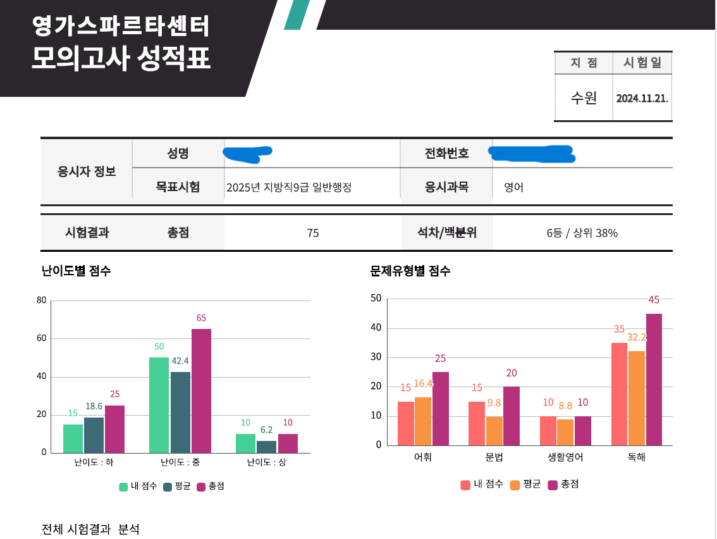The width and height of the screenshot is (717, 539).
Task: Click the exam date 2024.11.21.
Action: [642, 99]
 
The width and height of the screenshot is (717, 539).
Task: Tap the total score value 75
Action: [313, 233]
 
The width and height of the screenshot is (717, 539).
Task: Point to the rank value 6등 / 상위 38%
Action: [582, 233]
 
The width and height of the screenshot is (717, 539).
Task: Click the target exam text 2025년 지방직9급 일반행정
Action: [288, 187]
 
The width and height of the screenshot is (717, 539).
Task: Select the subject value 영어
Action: [513, 187]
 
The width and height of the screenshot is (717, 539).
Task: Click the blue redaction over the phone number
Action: [531, 153]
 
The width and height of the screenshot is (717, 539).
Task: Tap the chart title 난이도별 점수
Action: [76, 271]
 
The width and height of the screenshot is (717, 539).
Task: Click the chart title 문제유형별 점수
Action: [410, 271]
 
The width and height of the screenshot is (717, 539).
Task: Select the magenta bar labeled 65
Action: [201, 390]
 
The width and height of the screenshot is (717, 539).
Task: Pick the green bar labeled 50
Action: [159, 405]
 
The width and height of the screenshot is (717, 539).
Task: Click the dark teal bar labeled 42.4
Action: [180, 412]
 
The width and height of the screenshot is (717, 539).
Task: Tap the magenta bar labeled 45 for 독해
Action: [654, 379]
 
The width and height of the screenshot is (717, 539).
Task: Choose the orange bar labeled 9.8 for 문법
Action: [494, 430]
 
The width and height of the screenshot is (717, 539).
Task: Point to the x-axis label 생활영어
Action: [565, 457]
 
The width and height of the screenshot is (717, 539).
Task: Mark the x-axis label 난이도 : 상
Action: [266, 462]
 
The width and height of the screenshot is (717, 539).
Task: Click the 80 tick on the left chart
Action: [42, 300]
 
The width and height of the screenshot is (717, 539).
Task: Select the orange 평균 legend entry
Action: [525, 485]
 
